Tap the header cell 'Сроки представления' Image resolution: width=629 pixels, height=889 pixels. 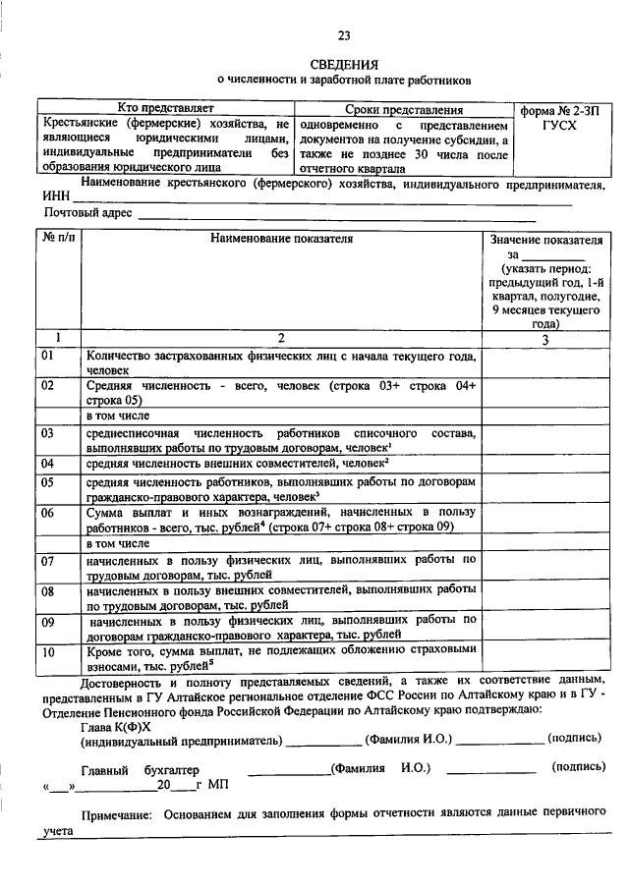(403, 110)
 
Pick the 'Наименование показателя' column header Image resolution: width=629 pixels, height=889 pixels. (281, 238)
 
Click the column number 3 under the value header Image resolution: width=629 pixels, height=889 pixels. (544, 339)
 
